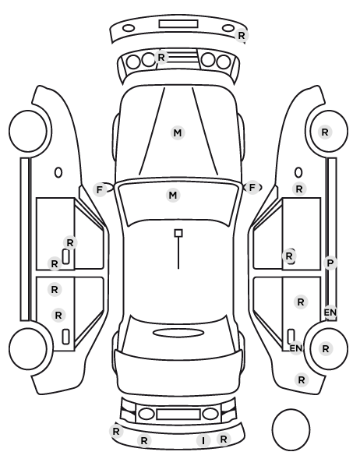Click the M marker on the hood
(178, 132)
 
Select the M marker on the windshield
(173, 196)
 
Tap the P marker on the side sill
(330, 263)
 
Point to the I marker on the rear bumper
(203, 441)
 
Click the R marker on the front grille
(161, 57)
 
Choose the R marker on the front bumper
(242, 35)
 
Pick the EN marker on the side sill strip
(330, 312)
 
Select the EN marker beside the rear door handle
(296, 348)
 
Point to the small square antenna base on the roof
(178, 233)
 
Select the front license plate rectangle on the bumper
(178, 24)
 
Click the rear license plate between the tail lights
(178, 414)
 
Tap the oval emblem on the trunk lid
(178, 333)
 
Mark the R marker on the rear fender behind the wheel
(302, 380)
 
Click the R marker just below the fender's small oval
(299, 189)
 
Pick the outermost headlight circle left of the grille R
(133, 62)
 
